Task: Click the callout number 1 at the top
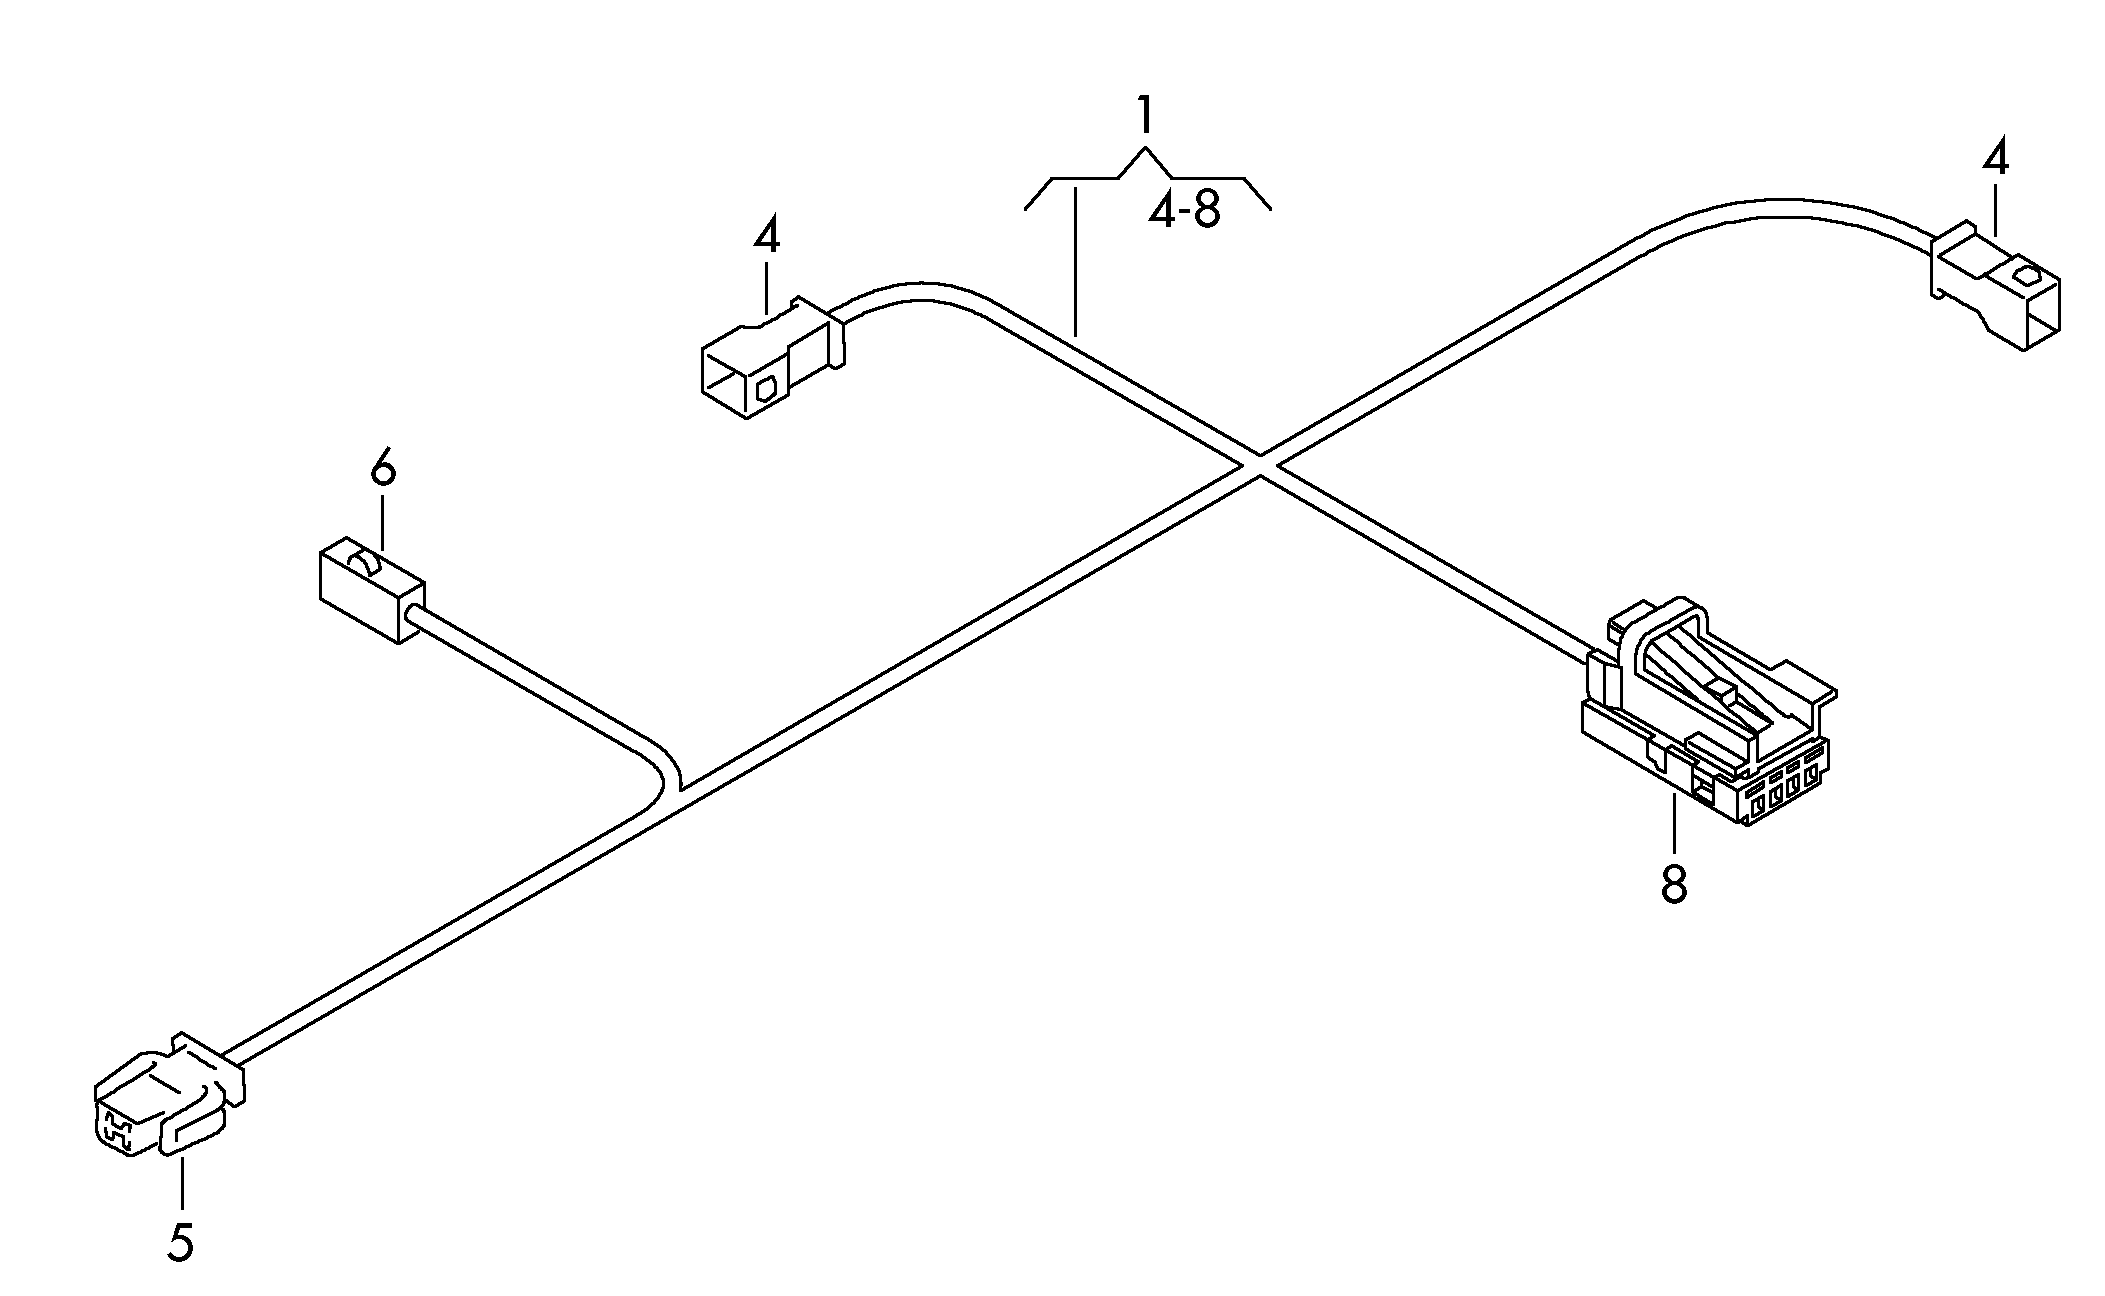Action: click(1145, 116)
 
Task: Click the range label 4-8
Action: click(1184, 210)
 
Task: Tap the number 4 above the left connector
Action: click(766, 237)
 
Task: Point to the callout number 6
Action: click(383, 467)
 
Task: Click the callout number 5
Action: click(180, 1242)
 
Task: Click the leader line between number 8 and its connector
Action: click(1674, 820)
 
